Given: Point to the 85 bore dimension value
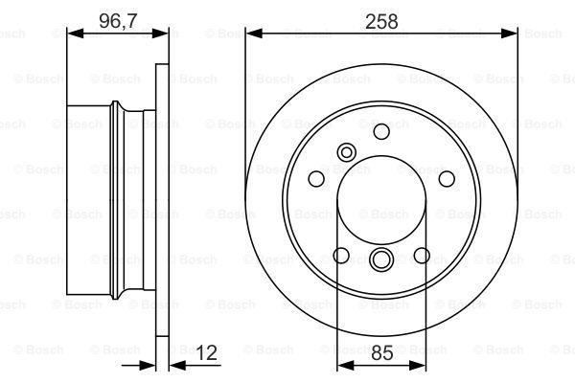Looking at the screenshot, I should pos(381,352).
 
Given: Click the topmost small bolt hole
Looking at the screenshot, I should pos(381,130).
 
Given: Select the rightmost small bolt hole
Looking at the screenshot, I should pos(446,178).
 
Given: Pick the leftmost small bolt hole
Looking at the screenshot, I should pos(316,178).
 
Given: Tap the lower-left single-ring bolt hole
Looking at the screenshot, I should pos(341,255).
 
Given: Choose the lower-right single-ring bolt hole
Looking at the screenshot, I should pos(422,255).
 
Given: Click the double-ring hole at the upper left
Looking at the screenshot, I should pos(347,150).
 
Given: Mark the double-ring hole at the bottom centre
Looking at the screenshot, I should pos(381,259).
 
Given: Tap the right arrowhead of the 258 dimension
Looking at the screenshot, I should pos(513,33).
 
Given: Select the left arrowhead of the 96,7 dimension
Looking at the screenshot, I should pos(70,33).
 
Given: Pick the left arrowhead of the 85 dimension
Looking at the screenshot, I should pos(342,365).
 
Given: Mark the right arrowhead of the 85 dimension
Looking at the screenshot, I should pos(421,365).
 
